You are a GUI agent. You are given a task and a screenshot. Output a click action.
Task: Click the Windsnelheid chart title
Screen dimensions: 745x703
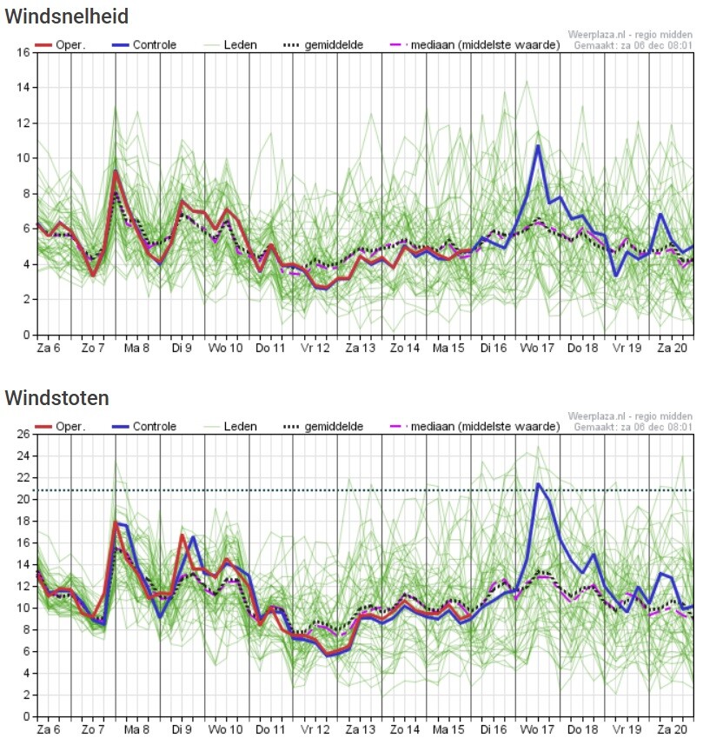[67, 16]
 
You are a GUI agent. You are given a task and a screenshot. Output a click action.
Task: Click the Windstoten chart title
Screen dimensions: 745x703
[57, 398]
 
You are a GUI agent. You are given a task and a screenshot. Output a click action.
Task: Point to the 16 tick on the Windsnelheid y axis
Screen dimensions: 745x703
[23, 53]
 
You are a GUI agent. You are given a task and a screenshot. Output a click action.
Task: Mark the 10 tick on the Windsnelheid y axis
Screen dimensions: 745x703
[23, 158]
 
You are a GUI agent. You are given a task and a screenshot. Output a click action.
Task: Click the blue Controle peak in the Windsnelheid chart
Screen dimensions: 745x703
[538, 146]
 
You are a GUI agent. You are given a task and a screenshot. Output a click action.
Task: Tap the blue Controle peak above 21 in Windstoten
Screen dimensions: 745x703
[538, 483]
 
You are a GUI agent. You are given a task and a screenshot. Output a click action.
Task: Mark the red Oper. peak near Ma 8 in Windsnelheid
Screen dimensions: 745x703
[115, 171]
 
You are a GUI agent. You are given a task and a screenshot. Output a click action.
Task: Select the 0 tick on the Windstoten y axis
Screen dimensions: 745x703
[26, 716]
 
